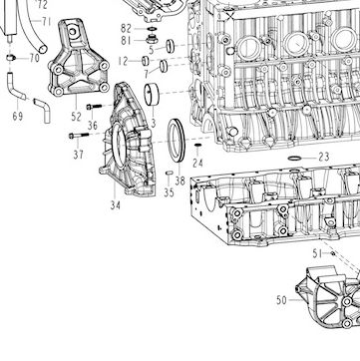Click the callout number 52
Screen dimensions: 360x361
[x=76, y=117]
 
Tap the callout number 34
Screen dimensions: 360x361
[x=116, y=205]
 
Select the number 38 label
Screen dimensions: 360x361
[x=180, y=180]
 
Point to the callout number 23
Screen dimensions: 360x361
[x=324, y=157]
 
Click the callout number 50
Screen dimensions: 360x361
[x=281, y=300]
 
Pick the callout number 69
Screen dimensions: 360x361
[x=18, y=117]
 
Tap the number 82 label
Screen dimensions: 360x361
[x=126, y=29]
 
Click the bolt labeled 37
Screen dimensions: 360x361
[x=79, y=136]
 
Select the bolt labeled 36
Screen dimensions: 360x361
[x=94, y=107]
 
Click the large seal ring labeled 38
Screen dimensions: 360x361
[x=177, y=140]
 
